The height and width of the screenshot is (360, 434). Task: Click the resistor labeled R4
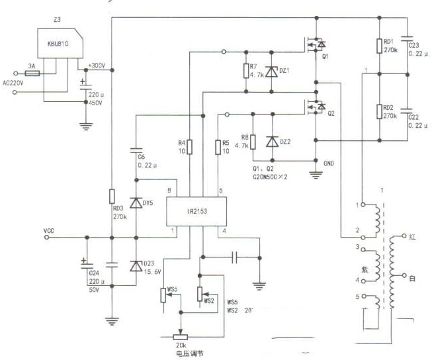click(x=190, y=146)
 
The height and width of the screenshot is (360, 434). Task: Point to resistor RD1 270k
click(x=380, y=46)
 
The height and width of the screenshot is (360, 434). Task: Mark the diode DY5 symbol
click(x=136, y=202)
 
